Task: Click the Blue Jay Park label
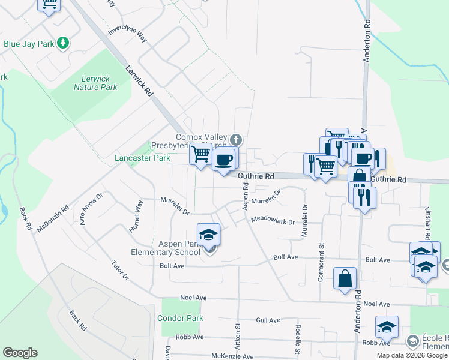tap(28, 43)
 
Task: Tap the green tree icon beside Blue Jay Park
tap(62, 43)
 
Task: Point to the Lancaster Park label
tap(143, 158)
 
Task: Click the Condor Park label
tap(181, 318)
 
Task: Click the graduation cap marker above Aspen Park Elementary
tap(208, 235)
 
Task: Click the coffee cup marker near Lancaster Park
tap(224, 160)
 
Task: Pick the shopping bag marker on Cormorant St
tap(345, 278)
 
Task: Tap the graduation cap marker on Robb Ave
tap(387, 327)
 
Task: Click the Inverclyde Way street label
tap(127, 34)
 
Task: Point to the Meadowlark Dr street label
tap(273, 221)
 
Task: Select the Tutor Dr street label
tap(120, 270)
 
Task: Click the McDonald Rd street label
tap(53, 221)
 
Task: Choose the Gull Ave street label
tap(268, 320)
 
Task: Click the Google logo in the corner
tap(20, 353)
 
